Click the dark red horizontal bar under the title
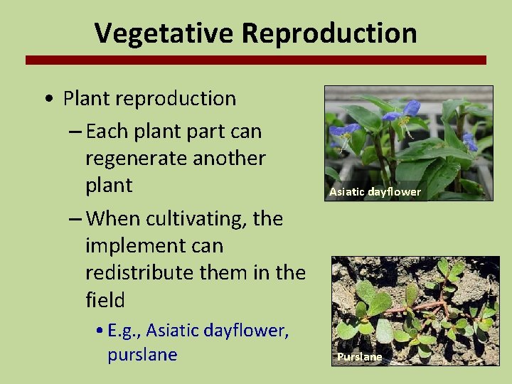tap(256, 60)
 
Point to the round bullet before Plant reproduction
tap(46, 100)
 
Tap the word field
tap(105, 300)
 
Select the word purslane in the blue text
tap(142, 355)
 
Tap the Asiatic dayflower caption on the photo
tap(375, 192)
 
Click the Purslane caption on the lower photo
tap(359, 357)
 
